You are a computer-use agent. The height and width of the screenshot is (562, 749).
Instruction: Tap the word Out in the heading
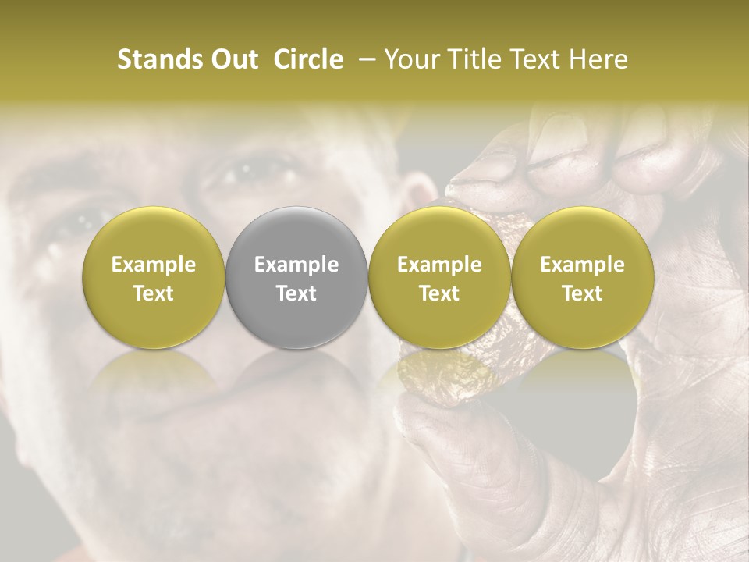point(233,59)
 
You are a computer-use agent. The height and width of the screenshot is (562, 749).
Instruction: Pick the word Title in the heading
point(476,59)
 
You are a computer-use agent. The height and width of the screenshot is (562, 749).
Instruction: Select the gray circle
point(296,277)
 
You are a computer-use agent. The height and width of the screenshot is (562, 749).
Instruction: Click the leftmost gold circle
point(154,277)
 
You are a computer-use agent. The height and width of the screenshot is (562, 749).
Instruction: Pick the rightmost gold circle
point(582,277)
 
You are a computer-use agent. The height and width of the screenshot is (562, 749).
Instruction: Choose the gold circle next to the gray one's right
point(439,277)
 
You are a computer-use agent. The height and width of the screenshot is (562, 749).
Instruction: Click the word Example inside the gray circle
point(296,265)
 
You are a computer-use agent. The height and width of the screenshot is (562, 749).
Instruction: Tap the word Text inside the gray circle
point(296,293)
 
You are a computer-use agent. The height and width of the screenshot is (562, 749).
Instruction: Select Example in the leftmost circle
point(154,265)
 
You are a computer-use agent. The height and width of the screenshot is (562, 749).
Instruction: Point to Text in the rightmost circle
point(582,293)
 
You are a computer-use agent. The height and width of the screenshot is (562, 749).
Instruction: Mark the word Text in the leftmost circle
point(154,293)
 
